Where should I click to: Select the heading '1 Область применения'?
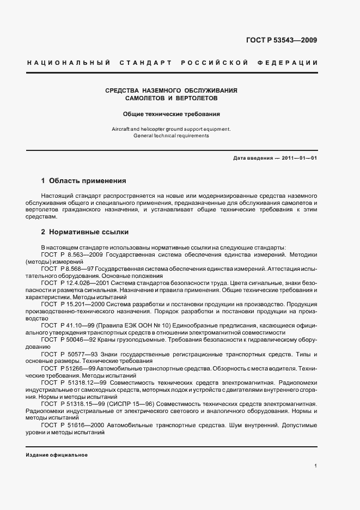[84, 180]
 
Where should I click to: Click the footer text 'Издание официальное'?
[57, 454]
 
